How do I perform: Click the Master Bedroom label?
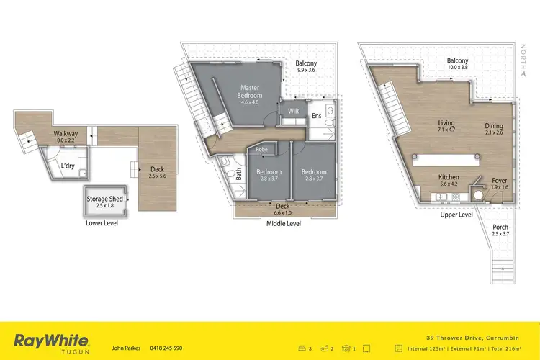251,92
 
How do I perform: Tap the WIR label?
294,112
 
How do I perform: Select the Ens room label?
317,116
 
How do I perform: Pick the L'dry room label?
67,166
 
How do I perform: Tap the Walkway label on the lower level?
66,135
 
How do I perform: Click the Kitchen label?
449,177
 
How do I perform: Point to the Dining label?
494,126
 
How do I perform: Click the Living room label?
446,123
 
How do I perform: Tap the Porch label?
500,228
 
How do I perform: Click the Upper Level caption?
456,214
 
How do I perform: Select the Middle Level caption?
284,224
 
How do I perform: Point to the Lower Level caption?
101,223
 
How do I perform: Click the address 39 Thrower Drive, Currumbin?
476,336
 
